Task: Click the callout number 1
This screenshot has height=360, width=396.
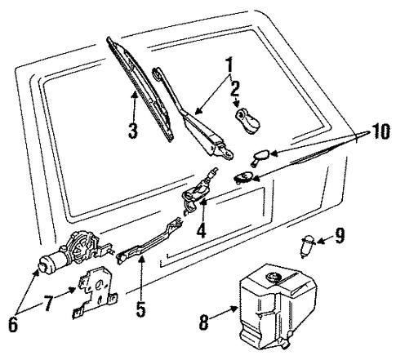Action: [229, 64]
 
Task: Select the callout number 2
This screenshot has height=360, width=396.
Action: [235, 87]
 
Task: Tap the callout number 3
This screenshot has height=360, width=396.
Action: [133, 131]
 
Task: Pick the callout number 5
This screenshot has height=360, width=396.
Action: [140, 309]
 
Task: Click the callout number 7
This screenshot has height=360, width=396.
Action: [47, 303]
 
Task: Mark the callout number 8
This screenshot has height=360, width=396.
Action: [203, 322]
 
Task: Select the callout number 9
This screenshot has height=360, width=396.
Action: [340, 236]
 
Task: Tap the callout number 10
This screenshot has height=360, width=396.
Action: [380, 131]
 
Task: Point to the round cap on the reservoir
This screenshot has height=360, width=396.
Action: [273, 277]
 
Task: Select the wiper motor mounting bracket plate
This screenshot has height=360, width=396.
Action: [95, 292]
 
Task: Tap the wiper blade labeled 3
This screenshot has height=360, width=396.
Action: [140, 88]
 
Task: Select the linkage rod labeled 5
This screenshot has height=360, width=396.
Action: [149, 240]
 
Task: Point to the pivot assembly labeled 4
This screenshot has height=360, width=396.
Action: [200, 191]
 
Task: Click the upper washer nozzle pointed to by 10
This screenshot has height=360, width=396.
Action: [260, 157]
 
